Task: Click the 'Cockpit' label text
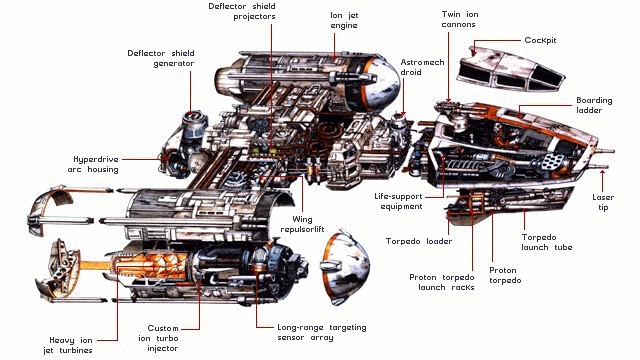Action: (x=540, y=40)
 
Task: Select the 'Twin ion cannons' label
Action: (x=460, y=19)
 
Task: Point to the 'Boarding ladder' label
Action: (x=594, y=105)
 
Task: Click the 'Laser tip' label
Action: (x=603, y=202)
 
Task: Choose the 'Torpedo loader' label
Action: (x=419, y=241)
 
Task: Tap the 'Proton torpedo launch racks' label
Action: (x=442, y=282)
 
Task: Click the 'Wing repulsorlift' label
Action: (x=302, y=224)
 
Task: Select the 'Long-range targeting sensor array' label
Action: (x=322, y=332)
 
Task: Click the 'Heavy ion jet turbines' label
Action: (x=68, y=345)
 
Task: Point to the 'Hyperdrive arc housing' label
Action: (x=96, y=164)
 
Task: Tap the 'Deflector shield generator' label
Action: (x=161, y=58)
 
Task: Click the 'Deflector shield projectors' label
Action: (x=242, y=11)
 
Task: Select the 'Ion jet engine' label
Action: (x=344, y=20)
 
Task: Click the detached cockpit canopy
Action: (x=510, y=69)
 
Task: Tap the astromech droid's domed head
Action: (x=398, y=120)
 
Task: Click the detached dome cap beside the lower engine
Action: (x=344, y=267)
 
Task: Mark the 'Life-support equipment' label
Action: (x=398, y=201)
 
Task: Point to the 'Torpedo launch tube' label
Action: (x=547, y=242)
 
